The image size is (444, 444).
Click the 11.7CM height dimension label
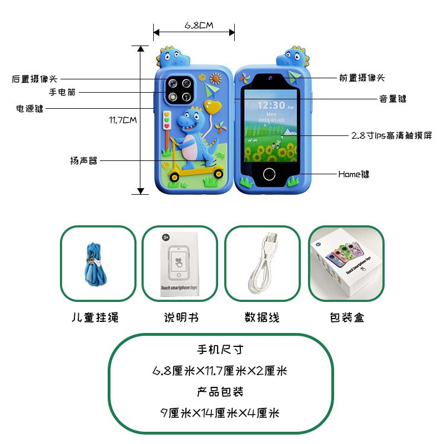click(123, 119)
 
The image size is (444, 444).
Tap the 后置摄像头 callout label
click(34, 79)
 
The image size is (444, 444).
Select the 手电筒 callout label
click(62, 93)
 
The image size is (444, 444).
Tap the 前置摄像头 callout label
click(362, 78)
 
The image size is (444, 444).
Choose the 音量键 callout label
click(393, 99)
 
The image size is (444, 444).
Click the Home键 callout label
click(354, 174)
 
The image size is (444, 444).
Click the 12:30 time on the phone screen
click(271, 105)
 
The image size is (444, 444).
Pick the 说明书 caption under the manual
click(181, 318)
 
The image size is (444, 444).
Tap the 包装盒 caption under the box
click(347, 318)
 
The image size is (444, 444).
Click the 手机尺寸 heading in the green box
click(220, 350)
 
